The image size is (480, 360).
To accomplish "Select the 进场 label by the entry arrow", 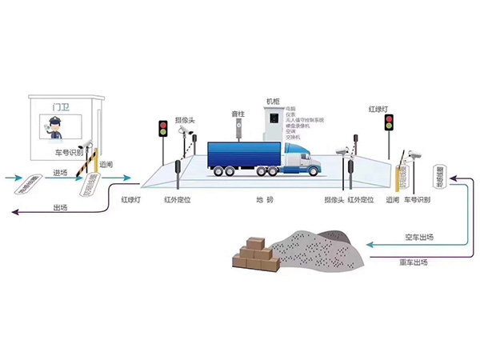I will (60, 172).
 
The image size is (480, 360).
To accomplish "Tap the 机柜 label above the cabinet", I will (274, 102).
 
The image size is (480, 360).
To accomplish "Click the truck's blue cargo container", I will (243, 154).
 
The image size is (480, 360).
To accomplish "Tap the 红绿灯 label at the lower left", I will (131, 198).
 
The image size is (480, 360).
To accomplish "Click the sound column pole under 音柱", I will (237, 130).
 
